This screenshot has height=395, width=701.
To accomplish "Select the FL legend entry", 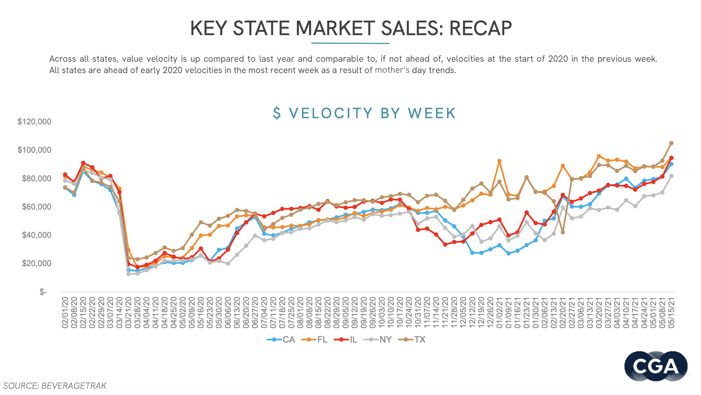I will pyautogui.click(x=315, y=340).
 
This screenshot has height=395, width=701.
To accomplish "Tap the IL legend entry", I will pyautogui.click(x=346, y=340).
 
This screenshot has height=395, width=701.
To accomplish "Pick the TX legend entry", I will pyautogui.click(x=412, y=340).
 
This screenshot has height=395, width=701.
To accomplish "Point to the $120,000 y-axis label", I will pyautogui.click(x=34, y=122).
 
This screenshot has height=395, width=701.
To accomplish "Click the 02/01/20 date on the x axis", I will pyautogui.click(x=65, y=312).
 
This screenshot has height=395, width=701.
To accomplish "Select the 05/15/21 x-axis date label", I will pyautogui.click(x=671, y=312).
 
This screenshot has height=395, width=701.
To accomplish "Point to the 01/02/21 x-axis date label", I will pyautogui.click(x=499, y=312).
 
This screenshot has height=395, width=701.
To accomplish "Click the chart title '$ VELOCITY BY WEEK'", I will pyautogui.click(x=364, y=113).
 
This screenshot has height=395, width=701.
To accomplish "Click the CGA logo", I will pyautogui.click(x=656, y=366).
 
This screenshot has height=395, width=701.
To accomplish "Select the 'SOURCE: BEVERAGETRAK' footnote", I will pyautogui.click(x=55, y=386).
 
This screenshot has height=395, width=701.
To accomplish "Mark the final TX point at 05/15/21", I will pyautogui.click(x=671, y=143).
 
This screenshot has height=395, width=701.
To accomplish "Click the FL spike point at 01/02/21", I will pyautogui.click(x=499, y=161).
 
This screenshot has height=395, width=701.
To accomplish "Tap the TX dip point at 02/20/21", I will pyautogui.click(x=563, y=232).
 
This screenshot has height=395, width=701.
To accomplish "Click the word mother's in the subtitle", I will pyautogui.click(x=392, y=70).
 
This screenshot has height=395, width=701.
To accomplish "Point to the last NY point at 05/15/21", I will pyautogui.click(x=671, y=176).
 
